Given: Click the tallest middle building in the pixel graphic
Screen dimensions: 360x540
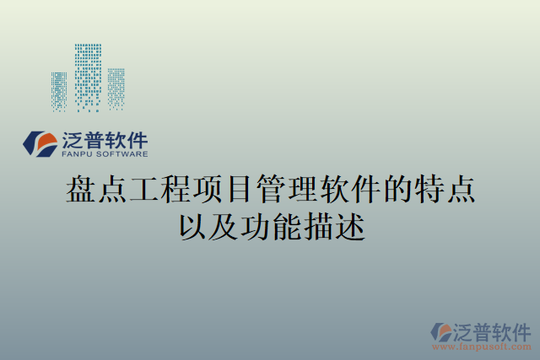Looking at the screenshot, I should [88, 77].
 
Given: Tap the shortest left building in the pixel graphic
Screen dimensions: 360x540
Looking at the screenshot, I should [59, 91].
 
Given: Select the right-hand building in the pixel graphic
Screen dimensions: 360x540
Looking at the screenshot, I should [116, 89].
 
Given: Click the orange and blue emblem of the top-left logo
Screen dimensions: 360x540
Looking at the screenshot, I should [39, 143].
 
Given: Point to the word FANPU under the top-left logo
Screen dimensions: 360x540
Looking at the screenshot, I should [78, 155].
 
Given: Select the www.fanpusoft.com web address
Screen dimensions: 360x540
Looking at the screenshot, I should [482, 347].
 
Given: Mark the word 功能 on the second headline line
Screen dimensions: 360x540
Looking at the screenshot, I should [270, 226].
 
